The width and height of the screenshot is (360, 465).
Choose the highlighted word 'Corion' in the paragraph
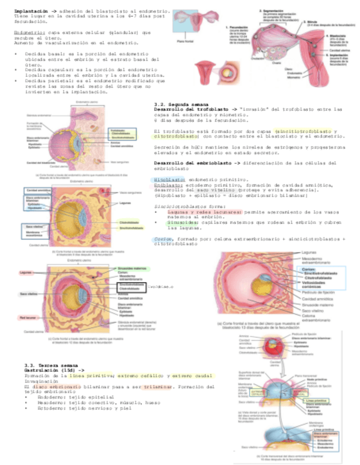point(162,240)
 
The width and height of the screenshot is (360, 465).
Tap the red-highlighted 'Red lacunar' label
point(29,317)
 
